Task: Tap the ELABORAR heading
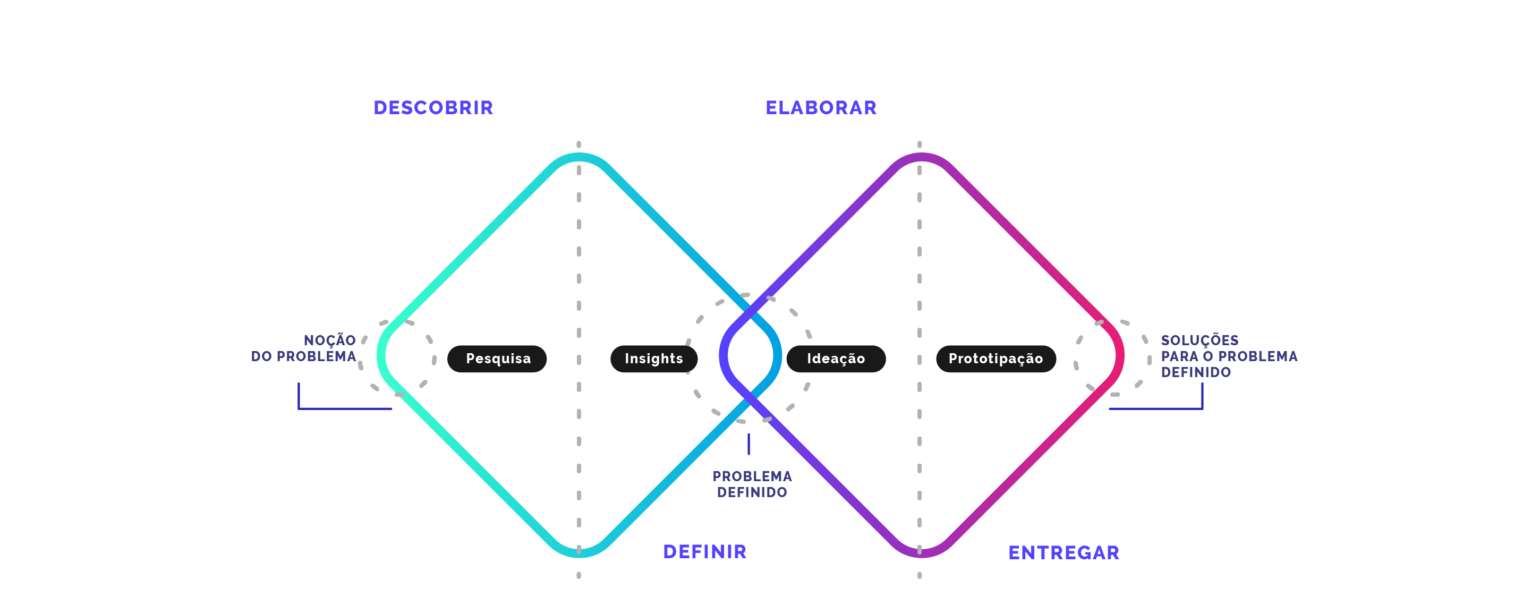(821, 107)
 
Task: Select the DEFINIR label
(704, 551)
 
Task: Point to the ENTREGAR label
(1064, 552)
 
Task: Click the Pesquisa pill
(497, 359)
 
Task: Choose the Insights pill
(654, 359)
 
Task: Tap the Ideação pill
(836, 359)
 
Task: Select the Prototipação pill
(996, 359)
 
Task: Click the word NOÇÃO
(329, 340)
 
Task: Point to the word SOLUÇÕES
(1200, 340)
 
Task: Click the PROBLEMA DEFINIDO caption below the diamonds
(752, 484)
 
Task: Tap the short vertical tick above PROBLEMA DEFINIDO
(749, 444)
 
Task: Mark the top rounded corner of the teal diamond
(579, 157)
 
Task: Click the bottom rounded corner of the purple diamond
(920, 553)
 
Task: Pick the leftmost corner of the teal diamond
(381, 355)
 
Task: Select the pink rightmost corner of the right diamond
(1119, 355)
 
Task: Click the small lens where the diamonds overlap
(750, 355)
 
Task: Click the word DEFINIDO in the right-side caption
(1195, 372)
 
